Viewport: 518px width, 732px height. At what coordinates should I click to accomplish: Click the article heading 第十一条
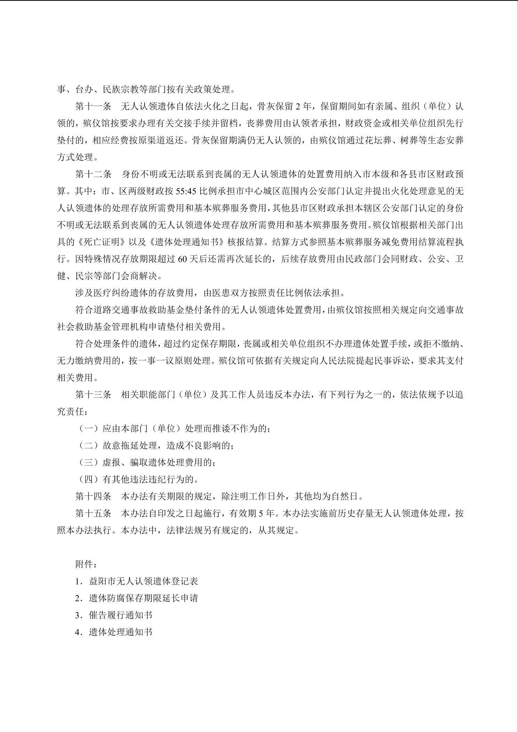pyautogui.click(x=93, y=106)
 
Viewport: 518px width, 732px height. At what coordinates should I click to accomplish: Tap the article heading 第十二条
pyautogui.click(x=93, y=174)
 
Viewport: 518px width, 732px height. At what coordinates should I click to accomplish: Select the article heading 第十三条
pyautogui.click(x=93, y=395)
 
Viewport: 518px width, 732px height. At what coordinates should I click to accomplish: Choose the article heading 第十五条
pyautogui.click(x=93, y=514)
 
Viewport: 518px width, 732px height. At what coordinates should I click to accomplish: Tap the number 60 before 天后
pyautogui.click(x=182, y=259)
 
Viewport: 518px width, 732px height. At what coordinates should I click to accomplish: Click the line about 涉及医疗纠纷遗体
pyautogui.click(x=210, y=293)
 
